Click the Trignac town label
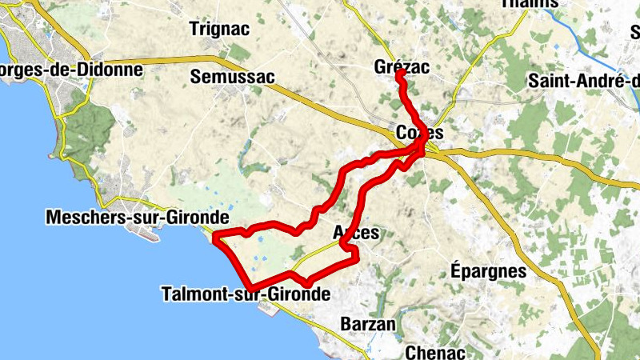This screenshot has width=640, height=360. tap(219, 29)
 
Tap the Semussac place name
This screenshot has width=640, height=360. tap(233, 77)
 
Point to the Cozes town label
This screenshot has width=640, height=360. tap(419, 132)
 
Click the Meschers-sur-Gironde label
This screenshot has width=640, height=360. tap(138, 217)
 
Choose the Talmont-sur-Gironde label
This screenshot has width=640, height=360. tap(246, 294)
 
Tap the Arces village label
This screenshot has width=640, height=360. tap(355, 232)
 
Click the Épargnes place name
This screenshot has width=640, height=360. tap(489, 270)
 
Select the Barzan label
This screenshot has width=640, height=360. tap(368, 324)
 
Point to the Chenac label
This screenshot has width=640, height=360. tap(436, 351)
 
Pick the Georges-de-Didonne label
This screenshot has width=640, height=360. tap(71, 70)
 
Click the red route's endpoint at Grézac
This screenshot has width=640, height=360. tap(399, 74)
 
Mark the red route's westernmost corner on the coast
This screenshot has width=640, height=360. tap(216, 235)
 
